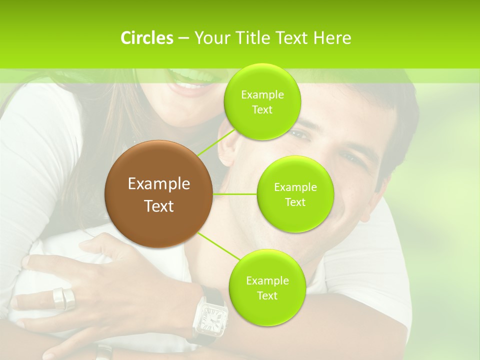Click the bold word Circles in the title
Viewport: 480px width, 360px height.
pyautogui.click(x=146, y=38)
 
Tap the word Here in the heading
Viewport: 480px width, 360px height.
pyautogui.click(x=332, y=38)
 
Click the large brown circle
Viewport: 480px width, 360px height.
pyautogui.click(x=159, y=194)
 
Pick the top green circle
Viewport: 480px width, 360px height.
pyautogui.click(x=262, y=102)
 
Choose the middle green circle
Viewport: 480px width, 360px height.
pyautogui.click(x=295, y=194)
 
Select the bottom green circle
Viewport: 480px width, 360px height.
pyautogui.click(x=267, y=287)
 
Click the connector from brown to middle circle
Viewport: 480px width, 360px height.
pyautogui.click(x=235, y=194)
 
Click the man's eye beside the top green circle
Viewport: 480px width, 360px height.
pyautogui.click(x=299, y=134)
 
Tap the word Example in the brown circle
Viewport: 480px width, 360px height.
pyautogui.click(x=159, y=184)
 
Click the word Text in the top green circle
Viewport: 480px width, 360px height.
pyautogui.click(x=262, y=110)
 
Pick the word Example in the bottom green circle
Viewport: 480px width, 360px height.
pyautogui.click(x=267, y=280)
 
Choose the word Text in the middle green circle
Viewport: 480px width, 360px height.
pyautogui.click(x=295, y=202)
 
